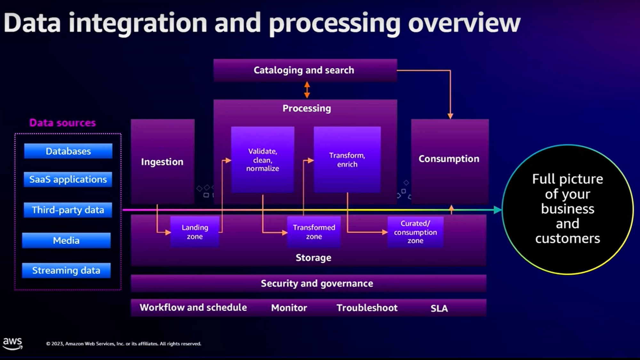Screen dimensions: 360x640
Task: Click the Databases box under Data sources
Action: click(68, 151)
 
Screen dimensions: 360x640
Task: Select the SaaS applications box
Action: click(68, 179)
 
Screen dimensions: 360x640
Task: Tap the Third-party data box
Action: click(68, 210)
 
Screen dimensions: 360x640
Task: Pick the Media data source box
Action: click(66, 240)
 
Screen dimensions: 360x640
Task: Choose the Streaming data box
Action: click(66, 270)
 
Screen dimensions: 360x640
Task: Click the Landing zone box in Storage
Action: click(195, 232)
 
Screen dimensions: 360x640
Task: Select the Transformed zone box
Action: click(314, 232)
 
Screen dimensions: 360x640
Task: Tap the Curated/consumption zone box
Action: click(415, 232)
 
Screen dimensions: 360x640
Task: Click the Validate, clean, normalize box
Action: click(262, 160)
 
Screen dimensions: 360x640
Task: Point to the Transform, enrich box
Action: click(347, 160)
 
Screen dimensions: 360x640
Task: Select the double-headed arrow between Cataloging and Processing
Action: click(307, 90)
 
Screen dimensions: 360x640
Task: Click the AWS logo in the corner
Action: click(12, 343)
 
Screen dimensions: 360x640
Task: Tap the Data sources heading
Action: click(62, 123)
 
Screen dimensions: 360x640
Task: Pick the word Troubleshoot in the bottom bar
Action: click(367, 308)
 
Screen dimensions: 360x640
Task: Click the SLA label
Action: click(439, 308)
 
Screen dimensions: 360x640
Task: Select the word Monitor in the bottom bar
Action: click(289, 308)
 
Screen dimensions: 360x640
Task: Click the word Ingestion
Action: click(162, 162)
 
